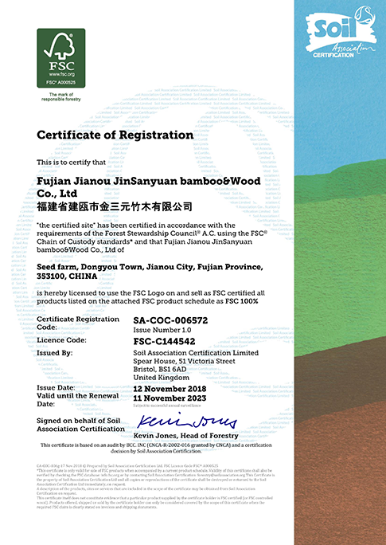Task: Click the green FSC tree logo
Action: pyautogui.click(x=60, y=53)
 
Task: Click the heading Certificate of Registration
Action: pyautogui.click(x=115, y=135)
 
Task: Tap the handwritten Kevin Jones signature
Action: pyautogui.click(x=186, y=420)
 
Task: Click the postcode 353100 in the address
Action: pyautogui.click(x=54, y=276)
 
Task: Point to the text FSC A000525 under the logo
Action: pyautogui.click(x=60, y=82)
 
